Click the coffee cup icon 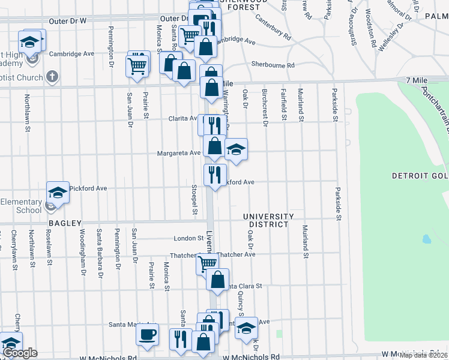147,334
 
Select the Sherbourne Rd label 273,65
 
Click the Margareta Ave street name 179,153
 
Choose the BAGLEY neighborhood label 65,223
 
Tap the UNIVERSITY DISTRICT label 268,220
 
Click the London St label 189,238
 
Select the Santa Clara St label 243,286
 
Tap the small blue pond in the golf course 426,239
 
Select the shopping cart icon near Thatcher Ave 208,262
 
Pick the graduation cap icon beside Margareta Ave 237,148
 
